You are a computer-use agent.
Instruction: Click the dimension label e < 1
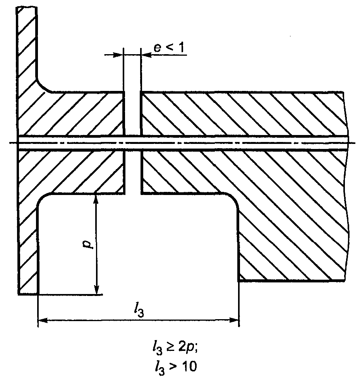(x=169, y=48)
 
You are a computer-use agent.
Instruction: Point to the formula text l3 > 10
(x=175, y=367)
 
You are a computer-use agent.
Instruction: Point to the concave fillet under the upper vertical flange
(x=42, y=87)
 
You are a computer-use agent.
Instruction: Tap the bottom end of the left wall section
(x=28, y=294)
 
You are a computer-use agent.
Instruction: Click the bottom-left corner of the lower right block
(x=239, y=281)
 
